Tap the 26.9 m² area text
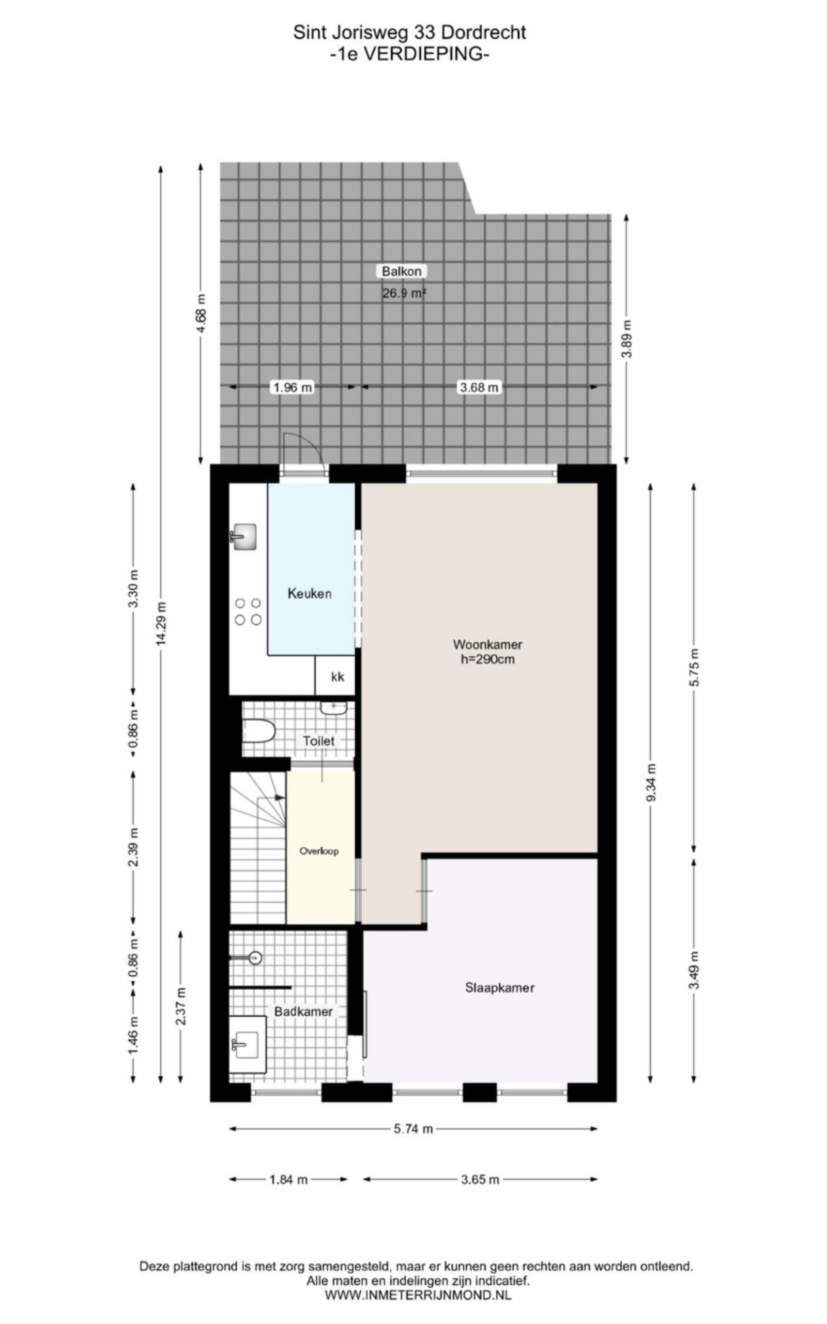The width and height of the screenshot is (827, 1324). [x=404, y=293]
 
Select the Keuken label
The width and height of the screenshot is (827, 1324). [x=310, y=594]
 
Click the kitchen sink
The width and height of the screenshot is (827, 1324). [x=243, y=536]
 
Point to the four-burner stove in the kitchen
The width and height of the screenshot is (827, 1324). [x=248, y=612]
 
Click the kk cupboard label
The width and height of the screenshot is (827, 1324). [x=338, y=677]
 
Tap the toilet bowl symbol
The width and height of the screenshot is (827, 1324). [x=257, y=731]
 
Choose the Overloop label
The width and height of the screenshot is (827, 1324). [x=319, y=851]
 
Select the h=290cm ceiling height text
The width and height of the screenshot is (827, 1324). [x=487, y=659]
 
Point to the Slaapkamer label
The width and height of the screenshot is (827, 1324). [x=499, y=987]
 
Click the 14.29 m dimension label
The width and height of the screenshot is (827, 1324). [x=161, y=623]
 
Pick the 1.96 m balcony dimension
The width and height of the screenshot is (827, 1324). [x=293, y=387]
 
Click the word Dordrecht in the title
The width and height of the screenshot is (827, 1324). [x=483, y=32]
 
